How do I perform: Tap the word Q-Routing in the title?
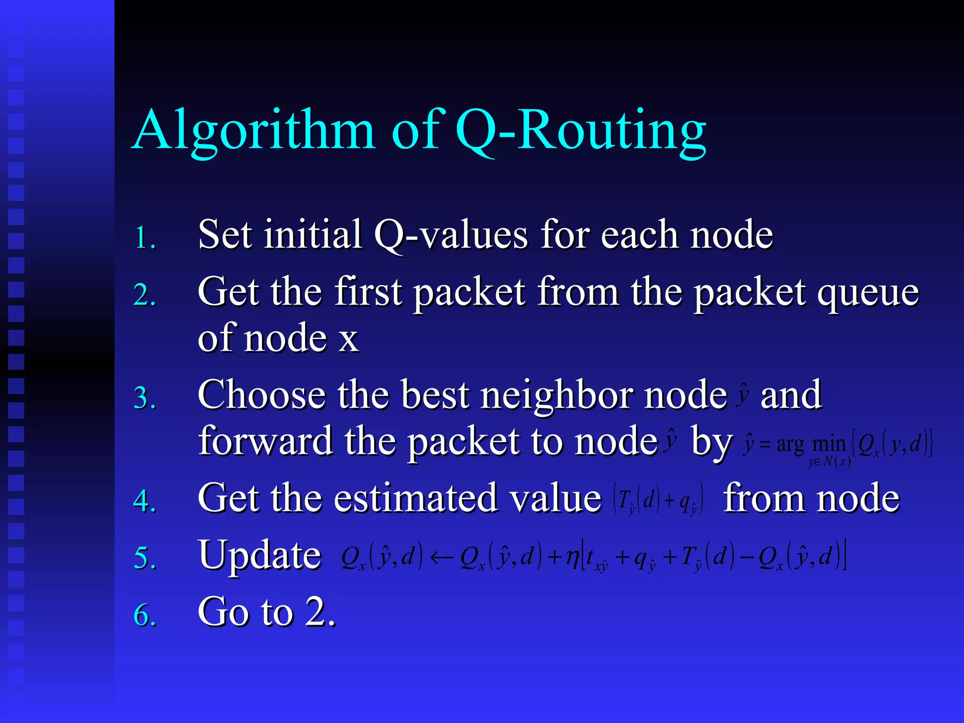(x=580, y=131)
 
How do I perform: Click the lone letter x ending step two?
(x=348, y=339)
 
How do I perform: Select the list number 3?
(x=145, y=398)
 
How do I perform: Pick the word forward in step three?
(x=265, y=442)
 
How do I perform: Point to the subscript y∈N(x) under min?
(x=829, y=462)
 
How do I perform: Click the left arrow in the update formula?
(x=441, y=558)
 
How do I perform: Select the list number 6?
(x=145, y=615)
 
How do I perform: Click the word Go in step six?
(x=222, y=612)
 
